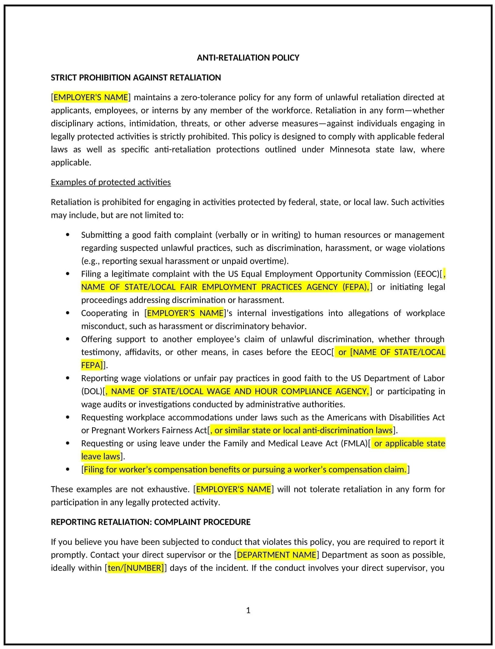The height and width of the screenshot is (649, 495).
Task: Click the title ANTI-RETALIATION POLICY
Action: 248,58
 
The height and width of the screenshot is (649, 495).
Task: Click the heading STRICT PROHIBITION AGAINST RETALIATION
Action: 136,78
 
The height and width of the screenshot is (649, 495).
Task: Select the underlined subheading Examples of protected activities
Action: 111,182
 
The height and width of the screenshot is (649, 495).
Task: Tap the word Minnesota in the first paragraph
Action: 350,149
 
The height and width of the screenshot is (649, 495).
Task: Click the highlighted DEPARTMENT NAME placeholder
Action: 276,555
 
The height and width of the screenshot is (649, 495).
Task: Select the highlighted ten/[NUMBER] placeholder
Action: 136,568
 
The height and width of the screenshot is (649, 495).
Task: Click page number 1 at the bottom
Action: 248,610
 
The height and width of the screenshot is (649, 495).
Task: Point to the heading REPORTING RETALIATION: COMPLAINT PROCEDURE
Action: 150,522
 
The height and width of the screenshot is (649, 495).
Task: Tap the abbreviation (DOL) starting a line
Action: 92,391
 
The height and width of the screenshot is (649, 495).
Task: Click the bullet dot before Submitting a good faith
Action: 67,235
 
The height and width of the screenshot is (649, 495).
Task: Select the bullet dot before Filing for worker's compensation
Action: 67,470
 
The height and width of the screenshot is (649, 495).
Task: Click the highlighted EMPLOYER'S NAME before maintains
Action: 91,97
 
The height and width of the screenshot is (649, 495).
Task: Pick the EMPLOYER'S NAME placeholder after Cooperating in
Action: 185,313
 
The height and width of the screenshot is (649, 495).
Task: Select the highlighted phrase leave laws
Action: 101,456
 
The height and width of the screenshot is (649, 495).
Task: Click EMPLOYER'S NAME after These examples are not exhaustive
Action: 233,489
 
